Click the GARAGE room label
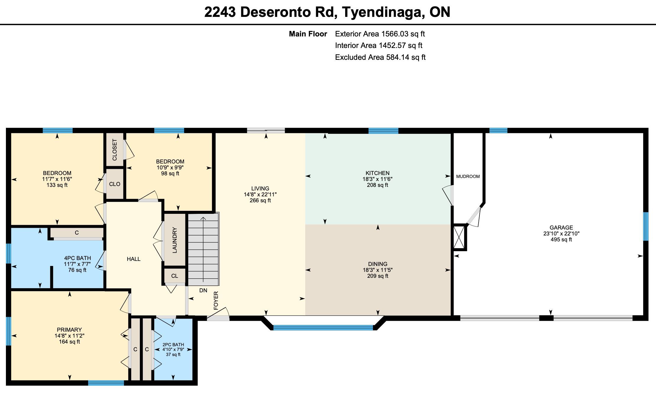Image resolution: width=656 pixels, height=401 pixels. tap(561, 227)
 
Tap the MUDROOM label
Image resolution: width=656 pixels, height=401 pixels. tap(468, 177)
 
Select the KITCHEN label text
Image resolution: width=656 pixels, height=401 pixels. tap(377, 173)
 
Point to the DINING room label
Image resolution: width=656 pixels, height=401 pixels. tap(378, 264)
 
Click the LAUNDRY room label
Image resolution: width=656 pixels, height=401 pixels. tap(174, 240)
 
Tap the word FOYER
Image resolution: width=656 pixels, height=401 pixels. tap(216, 301)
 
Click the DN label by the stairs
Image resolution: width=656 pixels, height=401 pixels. tap(203, 291)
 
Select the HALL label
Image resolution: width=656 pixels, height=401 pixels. tap(134, 259)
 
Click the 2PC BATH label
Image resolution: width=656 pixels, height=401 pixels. tap(173, 345)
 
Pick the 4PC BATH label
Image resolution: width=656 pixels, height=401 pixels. tap(77, 258)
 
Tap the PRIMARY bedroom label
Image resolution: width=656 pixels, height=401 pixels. tap(69, 330)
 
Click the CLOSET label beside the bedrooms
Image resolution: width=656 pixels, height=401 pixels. tap(115, 150)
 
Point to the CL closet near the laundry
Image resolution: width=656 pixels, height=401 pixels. tap(174, 276)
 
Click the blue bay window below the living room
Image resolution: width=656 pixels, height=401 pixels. tap(323, 328)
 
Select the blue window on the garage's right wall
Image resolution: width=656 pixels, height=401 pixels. tap(646, 226)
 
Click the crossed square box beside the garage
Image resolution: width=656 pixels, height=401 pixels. tap(459, 237)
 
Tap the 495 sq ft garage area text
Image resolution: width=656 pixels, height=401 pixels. tap(561, 240)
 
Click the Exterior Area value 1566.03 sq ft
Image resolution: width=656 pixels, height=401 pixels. tap(403, 34)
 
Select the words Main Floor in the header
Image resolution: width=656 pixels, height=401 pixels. tap(308, 34)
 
